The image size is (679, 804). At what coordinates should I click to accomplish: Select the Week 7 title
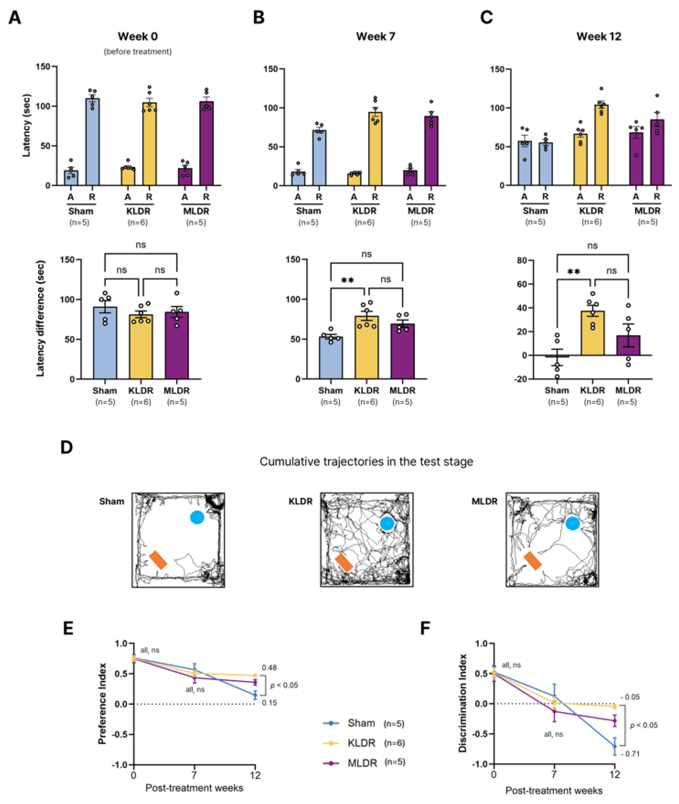(375, 37)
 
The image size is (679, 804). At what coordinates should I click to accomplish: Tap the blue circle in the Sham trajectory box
(197, 517)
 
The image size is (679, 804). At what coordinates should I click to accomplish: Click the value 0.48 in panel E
(269, 668)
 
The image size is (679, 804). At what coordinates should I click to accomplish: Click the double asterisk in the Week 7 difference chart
(348, 280)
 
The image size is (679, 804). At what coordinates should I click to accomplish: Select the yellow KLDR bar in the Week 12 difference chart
(593, 333)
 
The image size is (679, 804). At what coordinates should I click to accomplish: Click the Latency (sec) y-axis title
(26, 125)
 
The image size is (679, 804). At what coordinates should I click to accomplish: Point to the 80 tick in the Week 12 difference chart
(522, 260)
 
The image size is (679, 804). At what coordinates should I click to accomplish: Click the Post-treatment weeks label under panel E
(194, 788)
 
